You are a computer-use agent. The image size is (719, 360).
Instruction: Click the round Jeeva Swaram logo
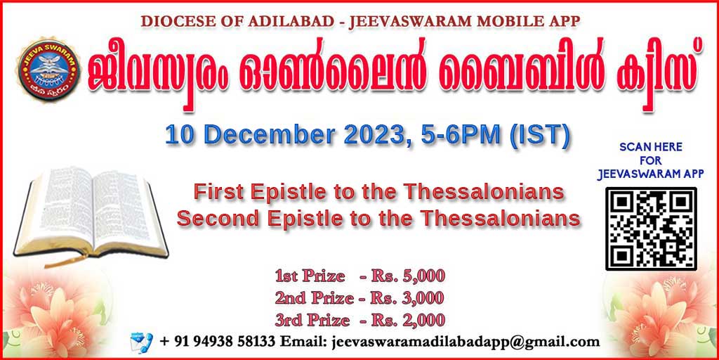[x=48, y=70]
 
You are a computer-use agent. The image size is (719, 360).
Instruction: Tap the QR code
[x=651, y=229]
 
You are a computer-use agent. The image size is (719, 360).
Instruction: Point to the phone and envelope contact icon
[x=141, y=342]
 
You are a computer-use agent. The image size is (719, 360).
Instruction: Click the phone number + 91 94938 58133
[x=218, y=342]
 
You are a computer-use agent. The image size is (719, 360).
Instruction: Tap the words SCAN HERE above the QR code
[x=651, y=148]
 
